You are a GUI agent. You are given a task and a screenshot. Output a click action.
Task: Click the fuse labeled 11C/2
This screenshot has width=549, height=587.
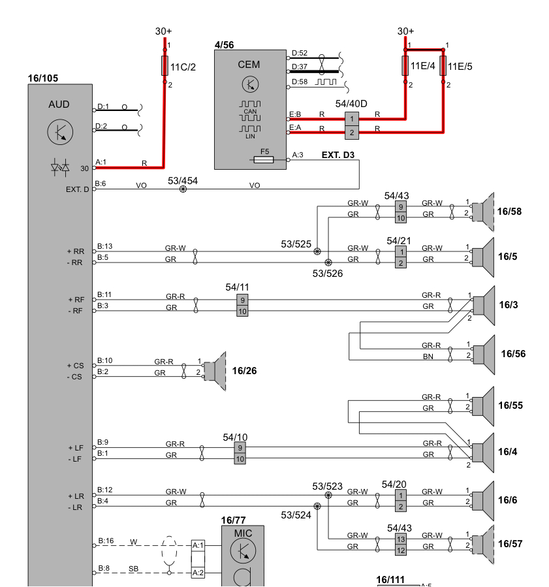165,66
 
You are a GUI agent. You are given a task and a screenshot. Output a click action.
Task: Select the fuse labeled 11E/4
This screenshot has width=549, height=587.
405,66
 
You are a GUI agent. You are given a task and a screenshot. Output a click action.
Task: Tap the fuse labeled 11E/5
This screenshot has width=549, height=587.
443,66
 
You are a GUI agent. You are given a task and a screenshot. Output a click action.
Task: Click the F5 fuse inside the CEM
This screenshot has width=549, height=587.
264,159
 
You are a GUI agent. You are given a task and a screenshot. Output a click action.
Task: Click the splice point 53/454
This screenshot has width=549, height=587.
183,189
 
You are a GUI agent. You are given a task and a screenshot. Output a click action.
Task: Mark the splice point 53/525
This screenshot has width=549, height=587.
317,251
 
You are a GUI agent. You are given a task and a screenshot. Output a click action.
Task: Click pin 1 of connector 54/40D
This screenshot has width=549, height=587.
353,118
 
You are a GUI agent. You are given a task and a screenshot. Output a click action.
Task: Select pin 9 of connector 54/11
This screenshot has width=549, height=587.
242,300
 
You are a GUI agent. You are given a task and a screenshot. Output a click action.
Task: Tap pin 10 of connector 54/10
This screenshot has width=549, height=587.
240,459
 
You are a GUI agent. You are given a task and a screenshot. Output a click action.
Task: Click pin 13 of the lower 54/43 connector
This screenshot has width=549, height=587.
401,539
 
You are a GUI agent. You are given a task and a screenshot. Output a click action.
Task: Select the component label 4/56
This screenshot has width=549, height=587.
224,45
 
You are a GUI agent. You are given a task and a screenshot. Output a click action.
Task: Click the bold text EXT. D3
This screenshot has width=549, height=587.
338,155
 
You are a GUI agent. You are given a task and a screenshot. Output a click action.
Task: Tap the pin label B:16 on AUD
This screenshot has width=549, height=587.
106,541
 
